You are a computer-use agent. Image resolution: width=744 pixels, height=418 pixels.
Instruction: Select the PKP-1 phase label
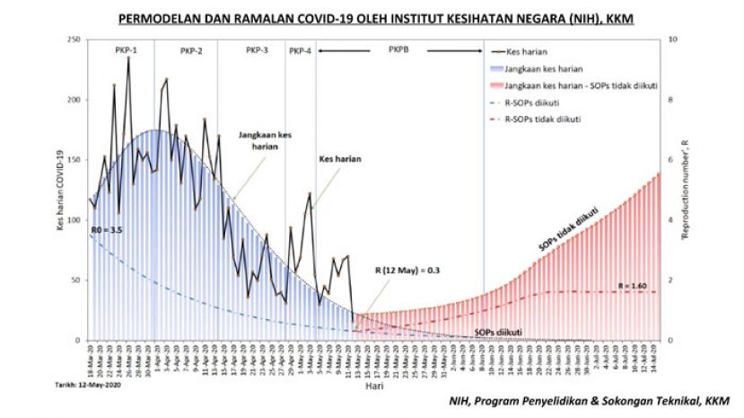[x=127, y=50]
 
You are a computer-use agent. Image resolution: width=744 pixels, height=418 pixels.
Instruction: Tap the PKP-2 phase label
[x=190, y=51]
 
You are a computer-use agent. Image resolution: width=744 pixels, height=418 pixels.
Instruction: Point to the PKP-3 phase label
[x=257, y=50]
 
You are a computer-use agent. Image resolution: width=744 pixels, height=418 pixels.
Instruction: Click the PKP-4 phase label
[x=301, y=51]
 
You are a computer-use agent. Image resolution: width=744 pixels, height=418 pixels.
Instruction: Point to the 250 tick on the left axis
[x=74, y=40]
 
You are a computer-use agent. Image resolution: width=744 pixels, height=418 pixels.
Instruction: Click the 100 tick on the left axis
[x=74, y=220]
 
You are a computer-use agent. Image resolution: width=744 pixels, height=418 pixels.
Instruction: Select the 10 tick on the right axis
[x=670, y=40]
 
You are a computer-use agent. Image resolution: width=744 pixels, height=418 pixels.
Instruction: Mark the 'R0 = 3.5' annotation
[x=106, y=231]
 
